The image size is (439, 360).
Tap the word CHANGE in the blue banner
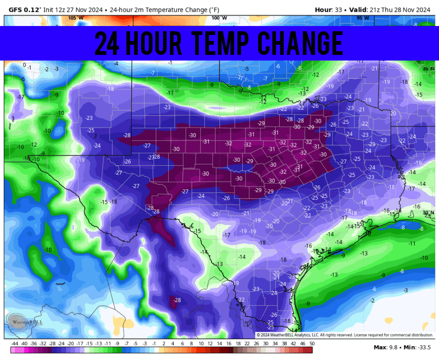pyautogui.click(x=301, y=43)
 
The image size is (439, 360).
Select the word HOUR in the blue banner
pyautogui.click(x=154, y=43)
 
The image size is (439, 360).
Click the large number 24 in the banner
pyautogui.click(x=107, y=43)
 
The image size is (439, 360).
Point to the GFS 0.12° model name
pyautogui.click(x=24, y=9)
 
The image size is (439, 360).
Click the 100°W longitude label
pyautogui.click(x=219, y=18)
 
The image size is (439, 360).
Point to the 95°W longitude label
pyautogui.click(x=363, y=18)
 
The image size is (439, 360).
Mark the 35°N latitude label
pyautogui.click(x=428, y=69)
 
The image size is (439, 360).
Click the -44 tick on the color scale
pyautogui.click(x=15, y=344)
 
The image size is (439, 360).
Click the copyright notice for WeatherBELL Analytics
pyautogui.click(x=345, y=335)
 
